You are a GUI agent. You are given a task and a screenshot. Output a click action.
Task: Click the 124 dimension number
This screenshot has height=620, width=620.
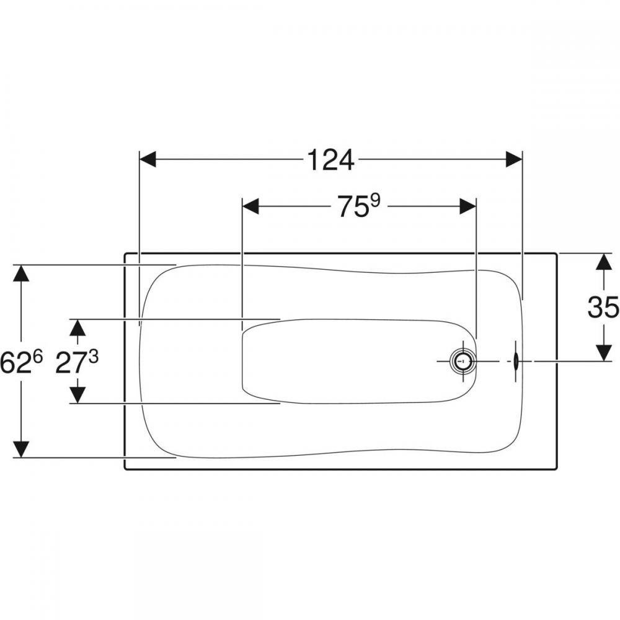[x=330, y=160]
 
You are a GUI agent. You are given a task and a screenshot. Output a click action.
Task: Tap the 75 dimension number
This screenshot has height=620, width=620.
[x=352, y=207]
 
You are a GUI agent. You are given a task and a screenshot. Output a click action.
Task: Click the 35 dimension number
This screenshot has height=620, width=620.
[x=603, y=308]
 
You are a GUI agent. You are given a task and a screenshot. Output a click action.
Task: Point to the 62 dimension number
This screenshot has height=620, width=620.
[x=15, y=363]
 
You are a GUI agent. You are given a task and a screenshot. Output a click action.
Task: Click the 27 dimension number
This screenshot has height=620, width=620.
[x=71, y=363]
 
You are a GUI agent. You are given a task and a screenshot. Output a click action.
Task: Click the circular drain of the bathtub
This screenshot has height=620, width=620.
[x=462, y=361]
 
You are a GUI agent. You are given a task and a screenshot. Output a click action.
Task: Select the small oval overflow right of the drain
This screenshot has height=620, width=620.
[x=516, y=361]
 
